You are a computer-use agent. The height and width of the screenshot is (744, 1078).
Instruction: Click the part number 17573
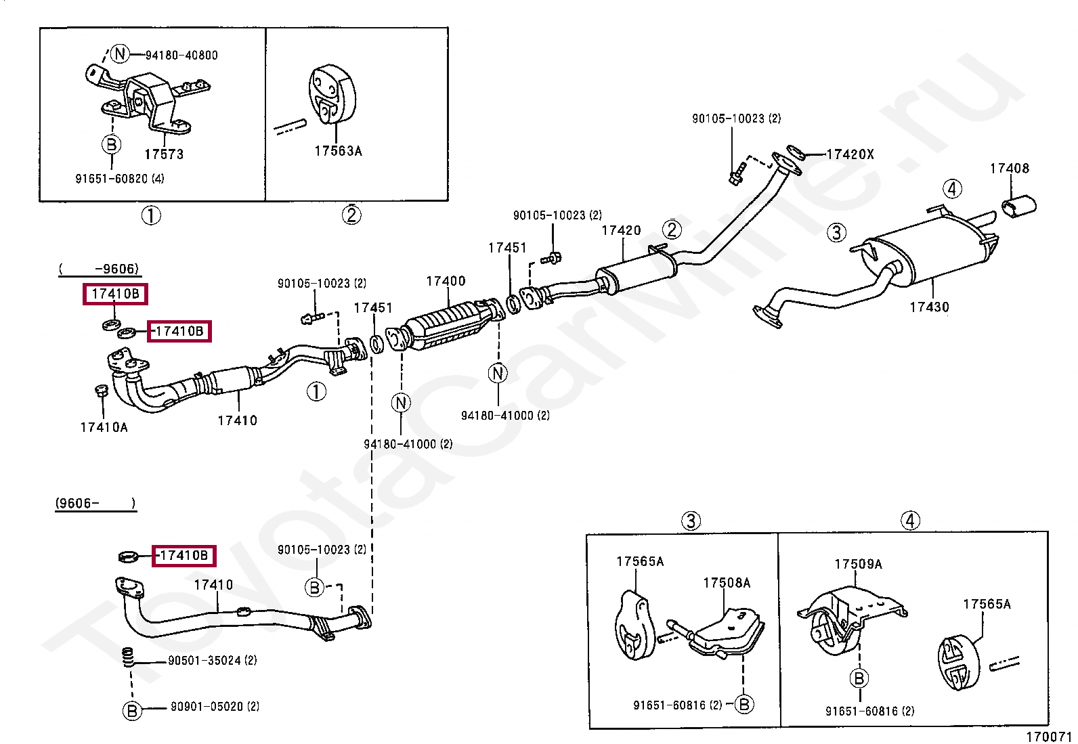click(x=164, y=154)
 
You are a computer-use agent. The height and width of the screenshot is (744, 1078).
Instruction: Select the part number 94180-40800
click(x=181, y=56)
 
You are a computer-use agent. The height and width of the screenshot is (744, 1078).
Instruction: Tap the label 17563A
click(x=338, y=152)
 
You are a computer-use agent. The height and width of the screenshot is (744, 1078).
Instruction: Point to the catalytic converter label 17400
click(x=446, y=281)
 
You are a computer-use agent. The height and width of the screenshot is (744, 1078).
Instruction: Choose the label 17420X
click(x=850, y=154)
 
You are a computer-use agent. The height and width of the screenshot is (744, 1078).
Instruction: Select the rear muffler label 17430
click(x=929, y=307)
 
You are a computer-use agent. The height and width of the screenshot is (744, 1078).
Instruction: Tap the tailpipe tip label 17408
click(x=1009, y=169)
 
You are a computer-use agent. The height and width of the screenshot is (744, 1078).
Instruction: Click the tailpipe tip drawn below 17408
click(x=1018, y=206)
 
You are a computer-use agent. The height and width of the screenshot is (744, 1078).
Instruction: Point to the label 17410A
click(x=104, y=427)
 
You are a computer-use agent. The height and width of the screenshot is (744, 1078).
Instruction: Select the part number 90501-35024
click(x=213, y=660)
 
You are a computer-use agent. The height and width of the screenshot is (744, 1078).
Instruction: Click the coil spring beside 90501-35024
click(x=127, y=657)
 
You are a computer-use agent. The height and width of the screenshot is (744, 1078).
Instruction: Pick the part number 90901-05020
click(x=215, y=707)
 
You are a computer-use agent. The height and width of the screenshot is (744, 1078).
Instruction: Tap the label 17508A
click(x=727, y=583)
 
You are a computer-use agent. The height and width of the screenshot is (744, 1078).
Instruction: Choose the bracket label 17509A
click(x=858, y=564)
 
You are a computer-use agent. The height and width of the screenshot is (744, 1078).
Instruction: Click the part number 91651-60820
click(x=119, y=179)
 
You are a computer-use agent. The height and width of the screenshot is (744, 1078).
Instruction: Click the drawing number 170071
click(x=1048, y=737)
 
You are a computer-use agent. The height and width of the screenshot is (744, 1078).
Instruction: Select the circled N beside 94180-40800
click(x=120, y=53)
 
